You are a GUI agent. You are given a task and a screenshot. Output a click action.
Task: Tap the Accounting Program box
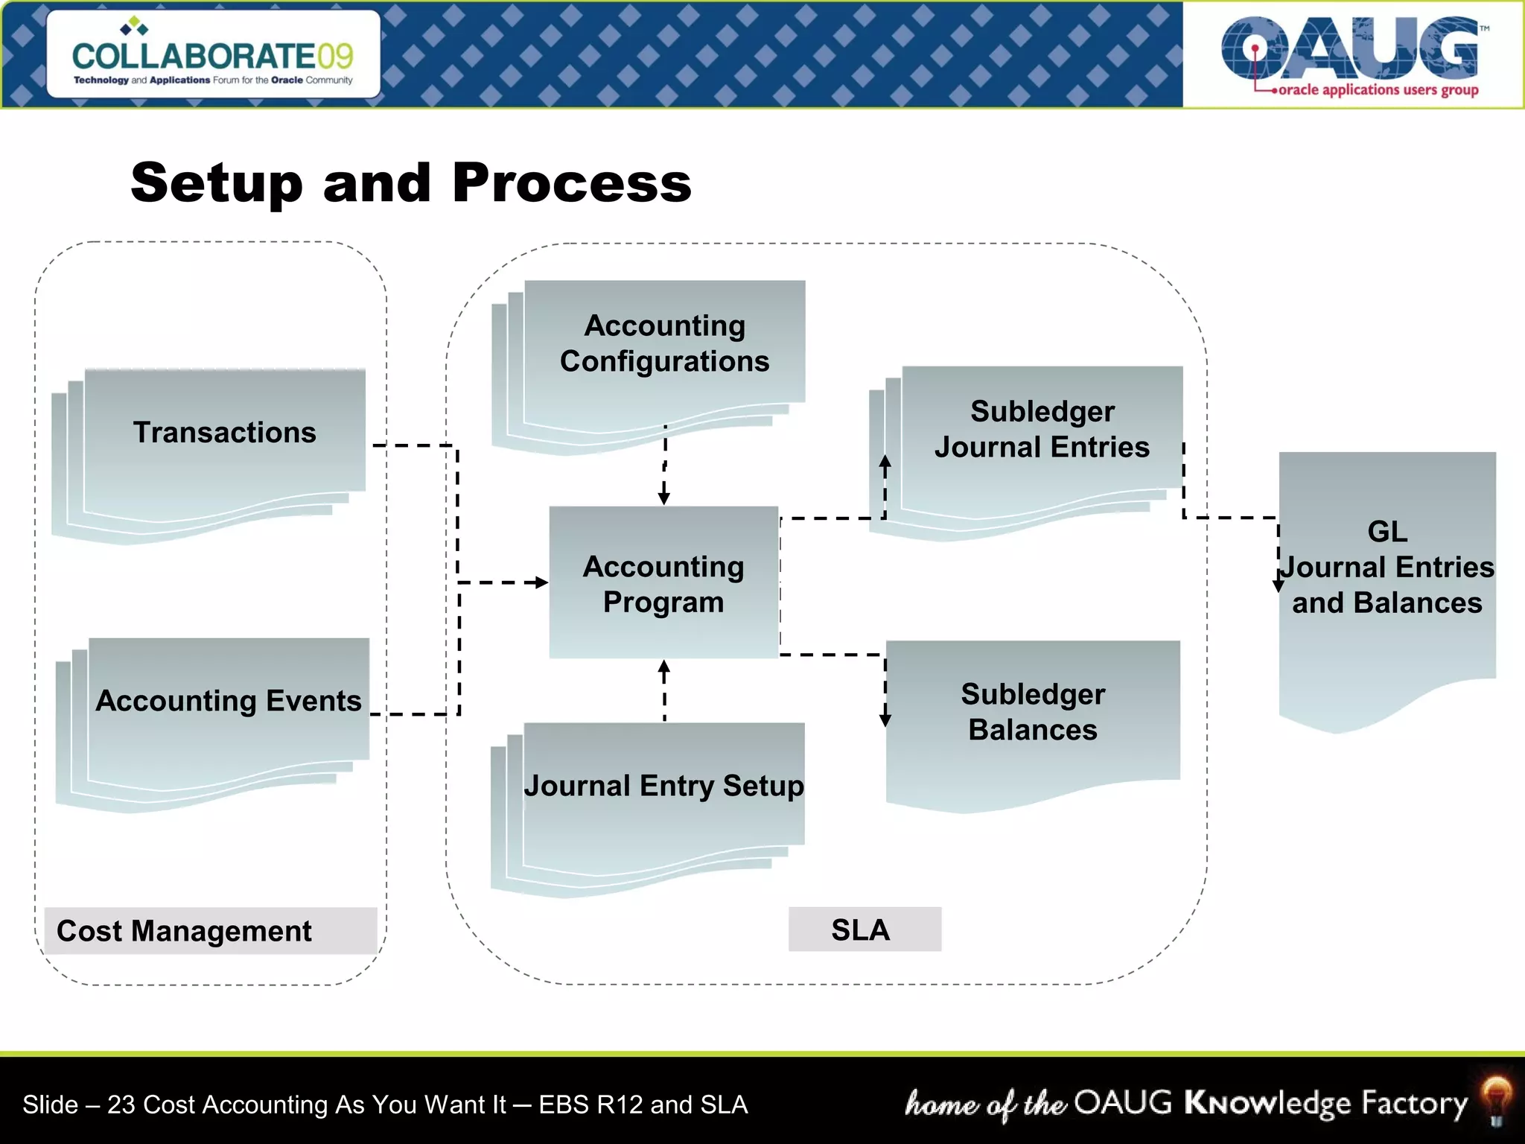coord(663,583)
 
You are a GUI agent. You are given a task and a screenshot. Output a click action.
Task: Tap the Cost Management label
coord(185,931)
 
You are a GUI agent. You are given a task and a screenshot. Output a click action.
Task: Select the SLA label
coord(864,929)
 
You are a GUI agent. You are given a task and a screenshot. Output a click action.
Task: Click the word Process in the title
coord(572,183)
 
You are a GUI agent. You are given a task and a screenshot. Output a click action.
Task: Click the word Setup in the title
coord(217,183)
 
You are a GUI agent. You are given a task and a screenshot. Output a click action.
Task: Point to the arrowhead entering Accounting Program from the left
coord(542,582)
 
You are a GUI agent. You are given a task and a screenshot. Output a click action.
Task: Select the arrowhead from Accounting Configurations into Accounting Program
coord(664,498)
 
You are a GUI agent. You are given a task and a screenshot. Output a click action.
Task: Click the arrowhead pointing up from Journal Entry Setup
coord(664,667)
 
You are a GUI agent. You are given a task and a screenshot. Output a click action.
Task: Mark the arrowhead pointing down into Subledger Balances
coord(885,720)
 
